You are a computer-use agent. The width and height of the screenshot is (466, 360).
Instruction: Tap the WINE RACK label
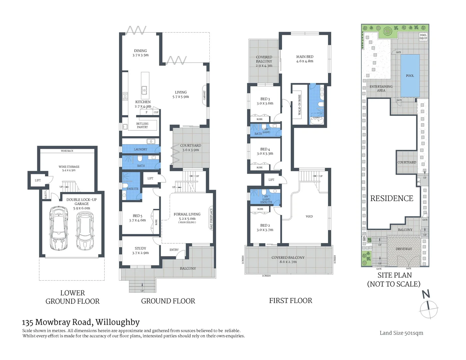[x=67, y=151]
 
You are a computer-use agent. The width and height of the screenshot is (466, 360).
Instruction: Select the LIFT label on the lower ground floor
[x=38, y=180]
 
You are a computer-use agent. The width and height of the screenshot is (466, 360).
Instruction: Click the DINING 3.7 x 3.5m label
[x=140, y=53]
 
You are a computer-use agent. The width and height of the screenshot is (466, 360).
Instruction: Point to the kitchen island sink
[x=144, y=89]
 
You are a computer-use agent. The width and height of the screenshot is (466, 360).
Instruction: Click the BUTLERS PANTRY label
[x=142, y=125]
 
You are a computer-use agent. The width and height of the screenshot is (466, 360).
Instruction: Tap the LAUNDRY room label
[x=140, y=149]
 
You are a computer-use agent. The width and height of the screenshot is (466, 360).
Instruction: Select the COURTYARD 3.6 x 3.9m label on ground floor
[x=191, y=148]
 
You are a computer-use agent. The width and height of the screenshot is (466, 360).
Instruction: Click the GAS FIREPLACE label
[x=211, y=219]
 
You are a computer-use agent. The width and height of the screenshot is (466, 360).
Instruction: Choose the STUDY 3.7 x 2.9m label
[x=140, y=251]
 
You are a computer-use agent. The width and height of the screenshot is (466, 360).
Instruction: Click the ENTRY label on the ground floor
[x=174, y=250]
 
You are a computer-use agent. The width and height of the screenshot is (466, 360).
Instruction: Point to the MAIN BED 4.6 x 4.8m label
[x=305, y=59]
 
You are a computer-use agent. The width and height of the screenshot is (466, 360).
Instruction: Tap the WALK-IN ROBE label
[x=299, y=105]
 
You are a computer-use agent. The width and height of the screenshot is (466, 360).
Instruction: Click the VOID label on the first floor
[x=309, y=216]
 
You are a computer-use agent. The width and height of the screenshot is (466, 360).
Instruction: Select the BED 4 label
[x=265, y=151]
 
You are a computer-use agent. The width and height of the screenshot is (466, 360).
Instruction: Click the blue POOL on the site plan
[x=410, y=76]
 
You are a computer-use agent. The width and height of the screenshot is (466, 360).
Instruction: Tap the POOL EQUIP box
[x=423, y=37]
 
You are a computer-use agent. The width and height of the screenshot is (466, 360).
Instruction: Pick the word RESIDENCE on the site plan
[x=392, y=198]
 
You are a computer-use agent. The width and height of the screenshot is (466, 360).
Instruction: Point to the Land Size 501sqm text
[x=401, y=333]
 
